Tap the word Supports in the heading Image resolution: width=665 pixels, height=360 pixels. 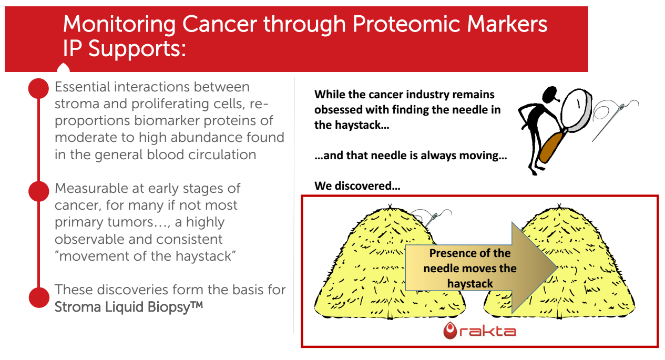coord(137,49)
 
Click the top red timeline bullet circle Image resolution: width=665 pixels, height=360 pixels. coord(38,88)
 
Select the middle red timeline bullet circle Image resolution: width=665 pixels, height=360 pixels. coord(38,191)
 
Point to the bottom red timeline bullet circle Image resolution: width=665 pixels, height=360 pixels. coord(39,297)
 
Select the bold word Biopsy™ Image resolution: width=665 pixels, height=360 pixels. coord(175,307)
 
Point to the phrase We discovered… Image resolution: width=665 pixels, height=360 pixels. coord(357,186)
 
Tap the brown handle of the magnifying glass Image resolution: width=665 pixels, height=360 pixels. coord(551,148)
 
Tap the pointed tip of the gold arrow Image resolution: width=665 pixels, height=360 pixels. coord(557,268)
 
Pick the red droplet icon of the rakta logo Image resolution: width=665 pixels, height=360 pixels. coord(450,331)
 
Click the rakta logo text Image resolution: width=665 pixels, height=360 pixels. coord(487,331)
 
